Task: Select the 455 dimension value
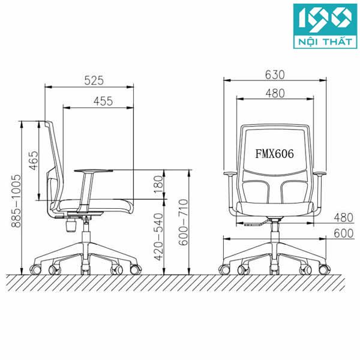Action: pyautogui.click(x=103, y=101)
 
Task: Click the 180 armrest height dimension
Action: pyautogui.click(x=158, y=184)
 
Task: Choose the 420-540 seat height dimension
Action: pyautogui.click(x=158, y=236)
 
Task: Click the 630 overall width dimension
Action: pyautogui.click(x=274, y=75)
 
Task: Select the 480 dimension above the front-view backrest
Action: pyautogui.click(x=274, y=93)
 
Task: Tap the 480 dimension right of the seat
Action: pyautogui.click(x=343, y=217)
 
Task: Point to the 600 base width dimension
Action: pyautogui.click(x=343, y=234)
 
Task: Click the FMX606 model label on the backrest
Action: pyautogui.click(x=274, y=154)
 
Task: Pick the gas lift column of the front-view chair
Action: pyautogui.click(x=275, y=230)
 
